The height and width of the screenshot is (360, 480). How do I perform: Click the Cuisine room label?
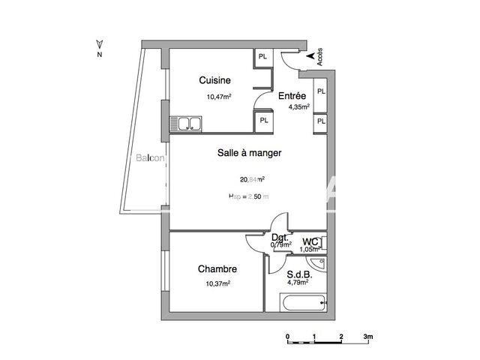214,80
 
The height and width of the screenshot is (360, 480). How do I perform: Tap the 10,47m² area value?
219,96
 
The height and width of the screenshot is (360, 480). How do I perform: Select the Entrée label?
292,96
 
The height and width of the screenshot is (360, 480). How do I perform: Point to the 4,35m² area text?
300,107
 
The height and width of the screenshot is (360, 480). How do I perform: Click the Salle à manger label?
249,152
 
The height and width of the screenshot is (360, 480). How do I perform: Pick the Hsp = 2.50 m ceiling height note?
248,196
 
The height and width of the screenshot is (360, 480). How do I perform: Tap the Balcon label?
151,158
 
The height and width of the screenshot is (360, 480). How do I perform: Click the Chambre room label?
217,268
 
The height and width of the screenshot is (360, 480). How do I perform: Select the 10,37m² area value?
217,283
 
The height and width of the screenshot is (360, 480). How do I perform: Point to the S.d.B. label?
300,274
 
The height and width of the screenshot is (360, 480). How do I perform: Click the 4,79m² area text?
298,284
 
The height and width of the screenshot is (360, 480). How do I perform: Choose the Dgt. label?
280,238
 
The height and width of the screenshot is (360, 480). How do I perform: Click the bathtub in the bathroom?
302,303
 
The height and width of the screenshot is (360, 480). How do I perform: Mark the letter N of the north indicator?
98,55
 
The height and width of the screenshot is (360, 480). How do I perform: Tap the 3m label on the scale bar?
367,337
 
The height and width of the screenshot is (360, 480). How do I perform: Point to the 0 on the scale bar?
287,337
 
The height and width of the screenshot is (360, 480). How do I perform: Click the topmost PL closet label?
262,57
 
